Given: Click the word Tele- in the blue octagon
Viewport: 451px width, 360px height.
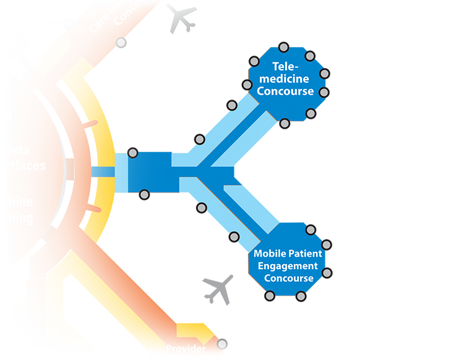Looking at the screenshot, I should click(285, 67).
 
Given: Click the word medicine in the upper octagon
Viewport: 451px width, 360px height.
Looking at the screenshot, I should click(286, 79).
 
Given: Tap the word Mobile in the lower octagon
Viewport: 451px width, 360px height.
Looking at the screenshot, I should click(267, 254).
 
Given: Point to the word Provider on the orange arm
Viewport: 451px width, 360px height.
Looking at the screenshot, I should click(186, 349).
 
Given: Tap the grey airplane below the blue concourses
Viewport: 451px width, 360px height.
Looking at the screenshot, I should click(218, 288).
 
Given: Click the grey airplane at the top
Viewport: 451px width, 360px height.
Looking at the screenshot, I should click(179, 19).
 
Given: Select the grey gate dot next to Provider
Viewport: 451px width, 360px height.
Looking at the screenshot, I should click(222, 344).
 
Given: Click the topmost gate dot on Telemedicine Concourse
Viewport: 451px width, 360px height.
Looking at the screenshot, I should click(283, 46).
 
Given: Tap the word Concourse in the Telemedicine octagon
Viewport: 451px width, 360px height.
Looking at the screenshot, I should click(286, 92).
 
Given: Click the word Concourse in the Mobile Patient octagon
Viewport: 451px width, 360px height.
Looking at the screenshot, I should click(289, 278).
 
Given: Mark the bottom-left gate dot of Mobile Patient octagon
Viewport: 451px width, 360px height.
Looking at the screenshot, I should click(270, 296).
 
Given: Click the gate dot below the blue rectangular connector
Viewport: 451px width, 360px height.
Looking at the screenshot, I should click(144, 195).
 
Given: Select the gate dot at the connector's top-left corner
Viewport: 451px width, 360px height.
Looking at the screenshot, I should click(132, 152).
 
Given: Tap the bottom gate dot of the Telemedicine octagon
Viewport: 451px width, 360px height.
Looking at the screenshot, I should click(285, 124).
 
